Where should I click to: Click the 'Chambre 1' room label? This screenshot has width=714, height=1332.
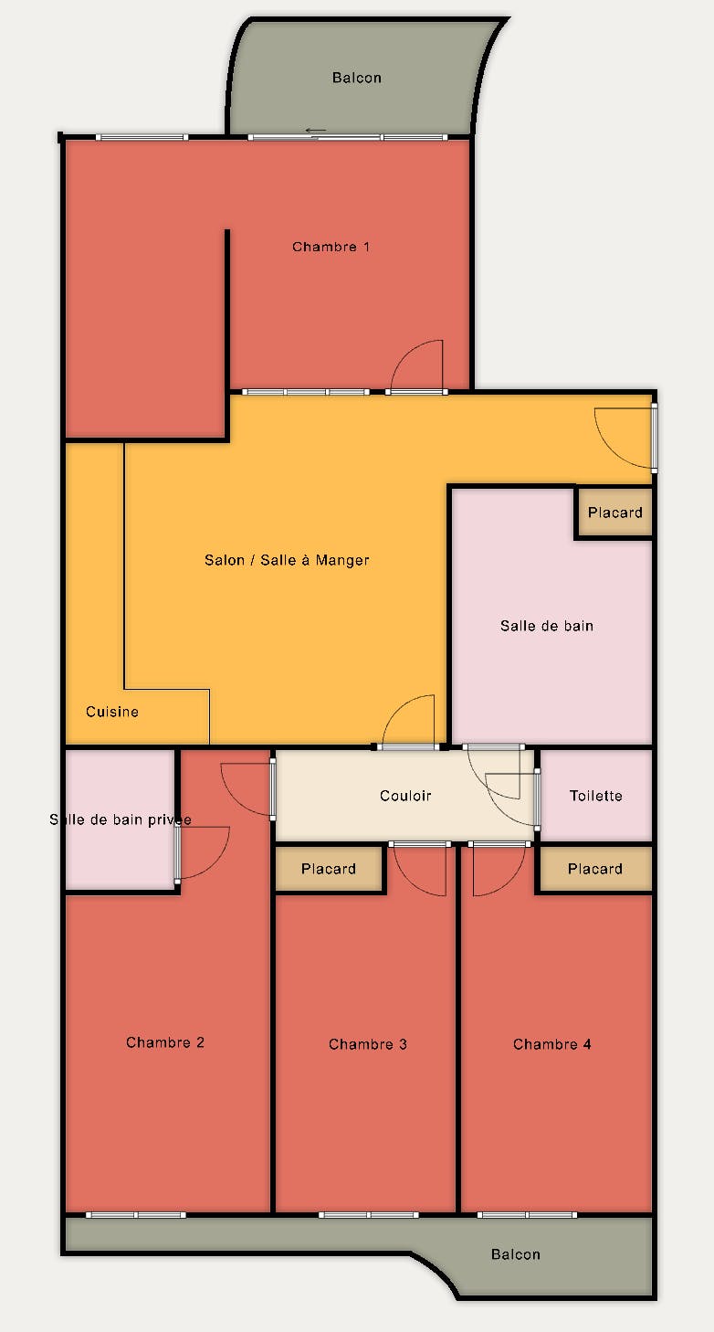[331, 247]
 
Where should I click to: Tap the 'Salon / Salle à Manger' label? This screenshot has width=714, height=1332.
[287, 560]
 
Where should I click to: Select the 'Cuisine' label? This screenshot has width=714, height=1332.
[111, 712]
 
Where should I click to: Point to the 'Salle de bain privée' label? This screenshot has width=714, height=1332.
[121, 820]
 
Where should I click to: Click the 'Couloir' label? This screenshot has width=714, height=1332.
[405, 796]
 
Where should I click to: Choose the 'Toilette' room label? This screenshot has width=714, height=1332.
[595, 796]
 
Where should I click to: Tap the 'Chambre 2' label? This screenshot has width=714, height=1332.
[164, 1042]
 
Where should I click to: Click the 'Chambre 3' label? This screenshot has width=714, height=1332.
[367, 1044]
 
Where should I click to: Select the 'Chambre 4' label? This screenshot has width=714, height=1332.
[551, 1044]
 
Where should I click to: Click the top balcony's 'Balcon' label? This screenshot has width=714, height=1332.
[357, 78]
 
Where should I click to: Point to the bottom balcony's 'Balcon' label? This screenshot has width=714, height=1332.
[516, 1254]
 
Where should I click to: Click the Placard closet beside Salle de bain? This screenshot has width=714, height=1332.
[614, 513]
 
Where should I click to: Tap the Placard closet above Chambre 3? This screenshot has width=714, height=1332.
[328, 869]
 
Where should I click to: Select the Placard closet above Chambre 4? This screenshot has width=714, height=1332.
[595, 869]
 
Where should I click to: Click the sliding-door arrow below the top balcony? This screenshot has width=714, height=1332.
[316, 131]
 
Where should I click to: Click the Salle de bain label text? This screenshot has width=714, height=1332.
[546, 626]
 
